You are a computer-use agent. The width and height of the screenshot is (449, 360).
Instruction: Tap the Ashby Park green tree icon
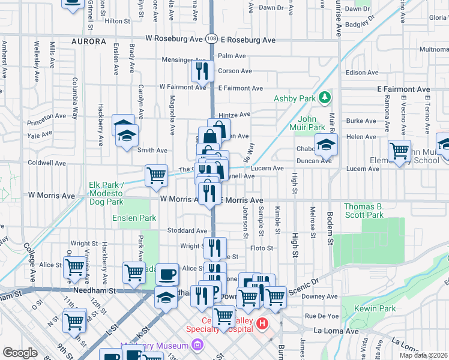click(325, 97)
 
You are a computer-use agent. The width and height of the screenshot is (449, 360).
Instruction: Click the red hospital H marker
click(262, 325)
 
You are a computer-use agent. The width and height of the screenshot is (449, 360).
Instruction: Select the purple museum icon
click(196, 345)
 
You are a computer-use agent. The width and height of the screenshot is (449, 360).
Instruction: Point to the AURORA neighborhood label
click(88, 42)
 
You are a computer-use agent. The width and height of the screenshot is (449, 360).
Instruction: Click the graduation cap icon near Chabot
click(326, 144)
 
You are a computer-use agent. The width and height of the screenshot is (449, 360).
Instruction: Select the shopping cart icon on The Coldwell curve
click(156, 175)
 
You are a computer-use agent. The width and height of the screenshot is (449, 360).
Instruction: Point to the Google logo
click(20, 353)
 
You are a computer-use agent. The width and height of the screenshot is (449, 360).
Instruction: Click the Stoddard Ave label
click(187, 230)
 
